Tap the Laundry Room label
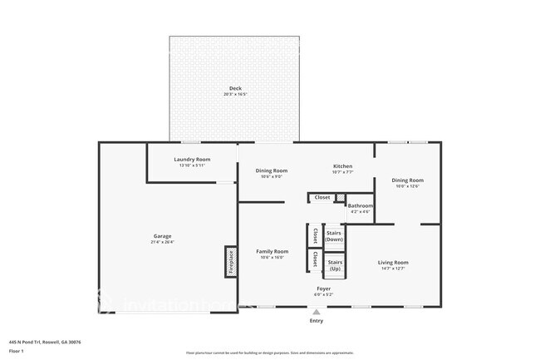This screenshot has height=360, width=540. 192,159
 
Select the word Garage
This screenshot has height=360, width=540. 162,236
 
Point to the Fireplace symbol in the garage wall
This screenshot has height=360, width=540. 230,262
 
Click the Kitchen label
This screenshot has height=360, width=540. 343,166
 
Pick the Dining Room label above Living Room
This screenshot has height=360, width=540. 407,180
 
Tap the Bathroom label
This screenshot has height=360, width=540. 360,205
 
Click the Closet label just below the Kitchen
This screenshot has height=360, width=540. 322,197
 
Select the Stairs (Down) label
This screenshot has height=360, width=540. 334,236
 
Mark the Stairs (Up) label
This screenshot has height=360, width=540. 334,266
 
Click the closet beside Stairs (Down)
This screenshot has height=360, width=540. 314,237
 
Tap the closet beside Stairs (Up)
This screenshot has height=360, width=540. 314,261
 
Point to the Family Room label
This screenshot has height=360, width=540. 272,251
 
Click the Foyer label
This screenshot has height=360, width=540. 324,289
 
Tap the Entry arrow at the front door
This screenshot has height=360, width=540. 316,312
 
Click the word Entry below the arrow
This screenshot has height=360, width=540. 316,321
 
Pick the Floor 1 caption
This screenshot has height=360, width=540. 17,351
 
